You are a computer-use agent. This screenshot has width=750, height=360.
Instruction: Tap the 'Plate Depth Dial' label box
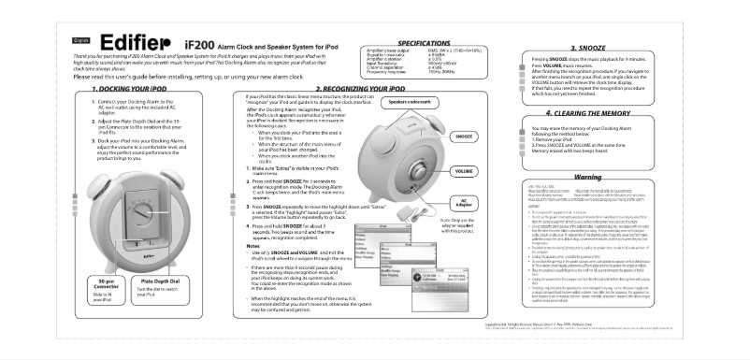pyautogui.click(x=152, y=280)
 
